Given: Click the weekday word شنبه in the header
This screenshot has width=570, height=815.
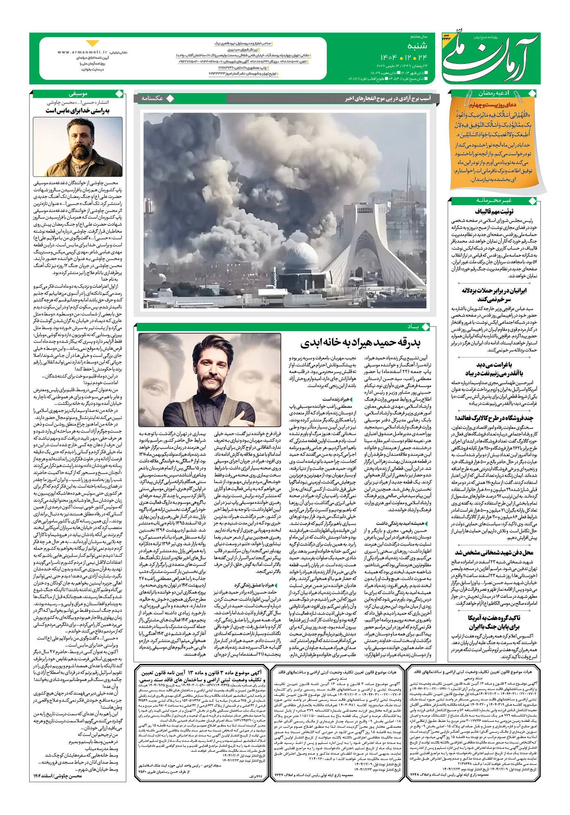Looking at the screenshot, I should click(x=417, y=46).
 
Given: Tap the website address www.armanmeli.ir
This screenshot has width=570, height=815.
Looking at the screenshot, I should click(x=82, y=53).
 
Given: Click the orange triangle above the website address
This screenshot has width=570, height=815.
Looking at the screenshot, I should click(x=93, y=43).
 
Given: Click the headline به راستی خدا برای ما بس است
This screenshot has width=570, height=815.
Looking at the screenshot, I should click(x=78, y=111).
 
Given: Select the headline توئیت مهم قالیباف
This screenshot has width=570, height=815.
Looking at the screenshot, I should click(x=494, y=212).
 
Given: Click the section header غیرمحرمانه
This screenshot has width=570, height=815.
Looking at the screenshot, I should click(x=494, y=201).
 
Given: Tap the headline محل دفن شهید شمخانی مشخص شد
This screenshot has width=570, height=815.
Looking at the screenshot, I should click(x=494, y=553).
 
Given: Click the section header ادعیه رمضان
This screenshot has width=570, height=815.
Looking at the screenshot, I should click(x=494, y=94).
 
